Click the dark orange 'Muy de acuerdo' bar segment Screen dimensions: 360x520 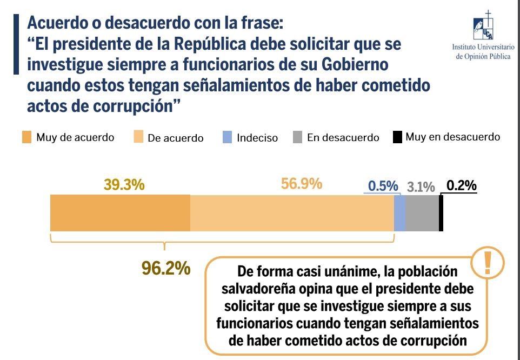(x=120, y=214)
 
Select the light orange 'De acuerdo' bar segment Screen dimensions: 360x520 (x=292, y=214)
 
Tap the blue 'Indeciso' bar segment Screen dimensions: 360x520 (x=399, y=214)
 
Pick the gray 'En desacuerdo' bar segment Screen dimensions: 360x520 (x=422, y=214)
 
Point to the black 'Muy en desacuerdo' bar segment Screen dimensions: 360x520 (x=441, y=214)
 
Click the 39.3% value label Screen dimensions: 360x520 (x=124, y=185)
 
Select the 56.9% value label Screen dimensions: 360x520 (x=302, y=184)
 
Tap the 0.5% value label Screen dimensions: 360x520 (x=383, y=186)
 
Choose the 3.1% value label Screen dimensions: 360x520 (x=421, y=187)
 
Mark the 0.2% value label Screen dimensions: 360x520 (x=462, y=185)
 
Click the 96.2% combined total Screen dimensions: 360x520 (x=166, y=268)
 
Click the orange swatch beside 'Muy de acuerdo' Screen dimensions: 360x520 (x=27, y=137)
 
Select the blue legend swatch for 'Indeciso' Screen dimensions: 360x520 (x=227, y=137)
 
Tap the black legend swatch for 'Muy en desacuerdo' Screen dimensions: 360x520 (x=397, y=137)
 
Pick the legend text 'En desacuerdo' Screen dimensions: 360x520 (x=343, y=138)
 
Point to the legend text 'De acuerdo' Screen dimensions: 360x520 (x=176, y=138)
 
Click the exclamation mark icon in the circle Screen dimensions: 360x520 (x=488, y=262)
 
